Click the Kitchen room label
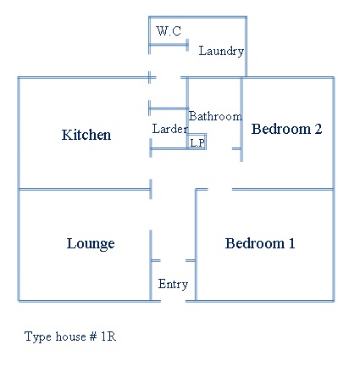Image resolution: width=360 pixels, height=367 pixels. pyautogui.click(x=86, y=135)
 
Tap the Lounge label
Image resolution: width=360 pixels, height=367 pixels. pyautogui.click(x=91, y=243)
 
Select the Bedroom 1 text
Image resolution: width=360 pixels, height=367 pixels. pyautogui.click(x=260, y=243)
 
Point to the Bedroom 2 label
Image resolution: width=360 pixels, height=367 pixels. pyautogui.click(x=286, y=129)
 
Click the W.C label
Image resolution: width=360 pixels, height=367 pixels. pyautogui.click(x=169, y=31)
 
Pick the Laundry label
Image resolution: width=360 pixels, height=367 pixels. pyautogui.click(x=221, y=51)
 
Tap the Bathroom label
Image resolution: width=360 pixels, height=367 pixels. pyautogui.click(x=215, y=116)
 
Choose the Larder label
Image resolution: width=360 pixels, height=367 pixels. pyautogui.click(x=169, y=129)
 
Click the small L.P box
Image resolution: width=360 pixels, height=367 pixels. pyautogui.click(x=197, y=142)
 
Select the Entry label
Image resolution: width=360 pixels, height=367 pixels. pyautogui.click(x=173, y=284)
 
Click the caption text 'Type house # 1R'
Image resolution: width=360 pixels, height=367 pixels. pyautogui.click(x=70, y=336)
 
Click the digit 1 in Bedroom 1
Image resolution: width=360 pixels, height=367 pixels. pyautogui.click(x=291, y=243)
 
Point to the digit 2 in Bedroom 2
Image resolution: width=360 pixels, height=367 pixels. pyautogui.click(x=318, y=129)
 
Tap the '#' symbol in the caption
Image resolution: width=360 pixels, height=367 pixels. pyautogui.click(x=93, y=336)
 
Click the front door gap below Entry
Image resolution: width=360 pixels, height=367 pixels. pyautogui.click(x=173, y=301)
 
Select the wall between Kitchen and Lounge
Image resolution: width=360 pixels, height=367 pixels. pyautogui.click(x=85, y=189)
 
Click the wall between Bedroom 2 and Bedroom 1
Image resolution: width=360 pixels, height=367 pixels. pyautogui.click(x=283, y=189)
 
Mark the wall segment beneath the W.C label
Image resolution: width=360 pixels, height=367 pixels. pyautogui.click(x=169, y=45)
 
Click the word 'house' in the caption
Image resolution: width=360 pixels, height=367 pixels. pyautogui.click(x=70, y=336)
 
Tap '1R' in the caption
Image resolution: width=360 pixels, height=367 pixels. pyautogui.click(x=108, y=336)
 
